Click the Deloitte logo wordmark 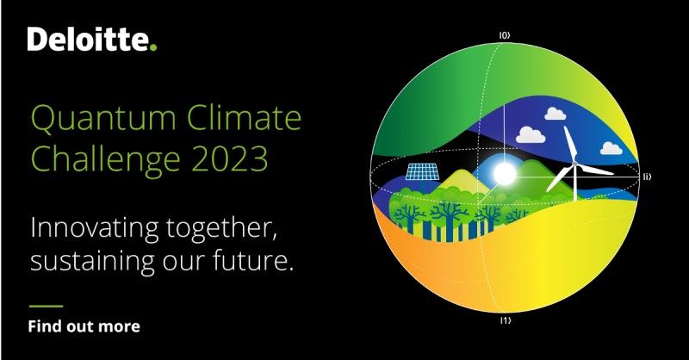(x=92, y=39)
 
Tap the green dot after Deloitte (x=153, y=47)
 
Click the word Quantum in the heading (x=103, y=118)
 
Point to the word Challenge (x=106, y=160)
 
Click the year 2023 (x=230, y=158)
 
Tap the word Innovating (x=95, y=229)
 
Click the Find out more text (x=84, y=326)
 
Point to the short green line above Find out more (x=47, y=306)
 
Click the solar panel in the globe (x=422, y=171)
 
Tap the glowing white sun (x=504, y=174)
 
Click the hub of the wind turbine (x=574, y=164)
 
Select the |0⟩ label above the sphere (x=505, y=35)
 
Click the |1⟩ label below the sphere (x=506, y=320)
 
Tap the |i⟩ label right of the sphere (x=647, y=177)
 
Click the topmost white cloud (x=555, y=114)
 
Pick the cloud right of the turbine (x=611, y=148)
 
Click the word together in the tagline (x=221, y=229)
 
